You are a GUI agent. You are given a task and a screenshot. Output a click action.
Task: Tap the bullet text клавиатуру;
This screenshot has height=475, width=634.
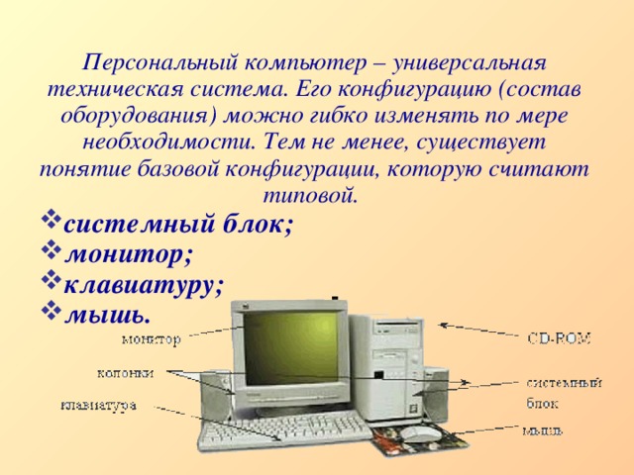pyautogui.click(x=145, y=284)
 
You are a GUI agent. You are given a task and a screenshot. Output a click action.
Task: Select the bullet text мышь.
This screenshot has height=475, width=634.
pyautogui.click(x=108, y=315)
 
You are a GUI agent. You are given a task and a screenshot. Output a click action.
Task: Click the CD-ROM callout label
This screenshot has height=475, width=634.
pyautogui.click(x=559, y=339)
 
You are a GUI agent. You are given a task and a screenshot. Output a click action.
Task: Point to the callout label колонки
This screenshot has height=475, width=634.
pyautogui.click(x=125, y=373)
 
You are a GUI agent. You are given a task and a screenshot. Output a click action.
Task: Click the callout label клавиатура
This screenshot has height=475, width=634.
pyautogui.click(x=99, y=404)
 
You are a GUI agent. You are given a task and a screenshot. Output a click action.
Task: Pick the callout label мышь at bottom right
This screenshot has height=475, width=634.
pyautogui.click(x=544, y=429)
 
